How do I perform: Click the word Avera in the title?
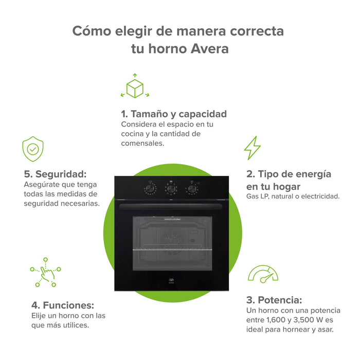tap(207, 49)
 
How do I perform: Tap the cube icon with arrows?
tap(135, 87)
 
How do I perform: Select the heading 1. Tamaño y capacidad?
tap(174, 114)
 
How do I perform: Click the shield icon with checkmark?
tap(33, 149)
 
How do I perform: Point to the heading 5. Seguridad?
tap(55, 174)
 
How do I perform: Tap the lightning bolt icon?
tap(252, 148)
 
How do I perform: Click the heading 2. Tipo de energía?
tap(289, 174)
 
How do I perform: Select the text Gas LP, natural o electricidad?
tap(293, 196)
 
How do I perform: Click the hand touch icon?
tap(46, 272)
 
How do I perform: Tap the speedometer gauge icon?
tap(263, 274)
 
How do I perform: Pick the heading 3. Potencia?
tap(274, 300)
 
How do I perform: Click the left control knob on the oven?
tap(150, 188)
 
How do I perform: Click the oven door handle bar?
tap(171, 207)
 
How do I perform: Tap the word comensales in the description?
tap(142, 143)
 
